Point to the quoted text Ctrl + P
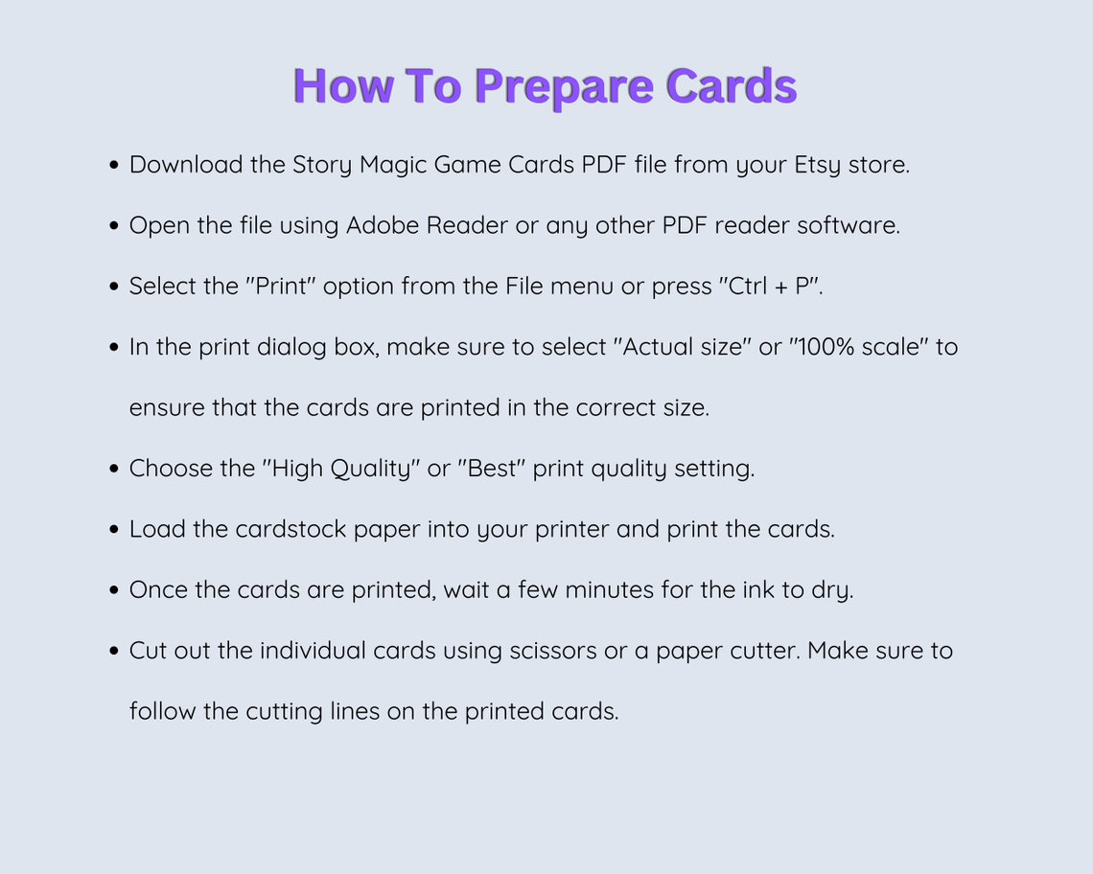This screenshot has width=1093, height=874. [x=770, y=287]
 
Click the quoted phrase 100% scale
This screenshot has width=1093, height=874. [x=858, y=347]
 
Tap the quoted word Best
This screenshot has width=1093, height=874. [x=492, y=469]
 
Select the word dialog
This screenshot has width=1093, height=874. [x=291, y=347]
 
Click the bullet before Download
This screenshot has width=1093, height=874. [x=114, y=166]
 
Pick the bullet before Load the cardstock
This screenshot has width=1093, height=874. [x=114, y=530]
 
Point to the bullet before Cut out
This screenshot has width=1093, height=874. [x=114, y=652]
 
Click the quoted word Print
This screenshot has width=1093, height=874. [x=285, y=287]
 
